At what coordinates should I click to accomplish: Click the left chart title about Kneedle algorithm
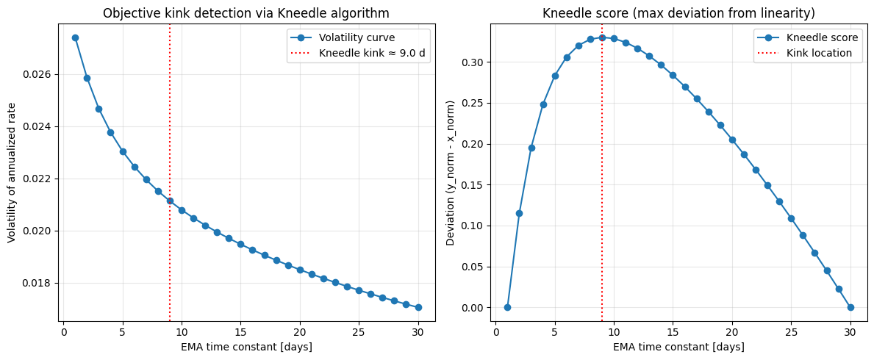246,13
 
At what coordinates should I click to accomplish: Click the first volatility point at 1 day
75,37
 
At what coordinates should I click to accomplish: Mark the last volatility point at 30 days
418,307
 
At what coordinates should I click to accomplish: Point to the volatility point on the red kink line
170,201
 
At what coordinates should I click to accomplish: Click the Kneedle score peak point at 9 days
602,37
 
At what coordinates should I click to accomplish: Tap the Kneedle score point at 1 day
507,307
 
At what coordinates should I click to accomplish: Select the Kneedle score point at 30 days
850,307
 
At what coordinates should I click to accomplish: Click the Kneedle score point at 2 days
519,213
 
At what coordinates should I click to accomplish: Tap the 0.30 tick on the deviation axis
473,62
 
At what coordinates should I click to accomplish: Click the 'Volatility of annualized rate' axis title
11,173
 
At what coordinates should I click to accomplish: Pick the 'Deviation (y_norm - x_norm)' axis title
450,173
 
